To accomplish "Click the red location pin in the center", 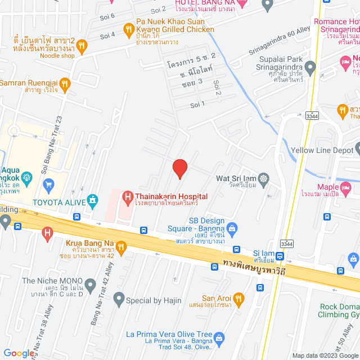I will point(179,168).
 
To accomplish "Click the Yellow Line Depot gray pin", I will point(359,150).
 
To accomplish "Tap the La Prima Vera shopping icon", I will point(219,337).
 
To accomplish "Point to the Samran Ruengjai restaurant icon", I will point(65,84).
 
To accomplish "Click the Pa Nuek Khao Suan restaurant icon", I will point(128,28).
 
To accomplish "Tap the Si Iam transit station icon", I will point(280,256).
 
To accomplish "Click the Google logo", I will point(18,353).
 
